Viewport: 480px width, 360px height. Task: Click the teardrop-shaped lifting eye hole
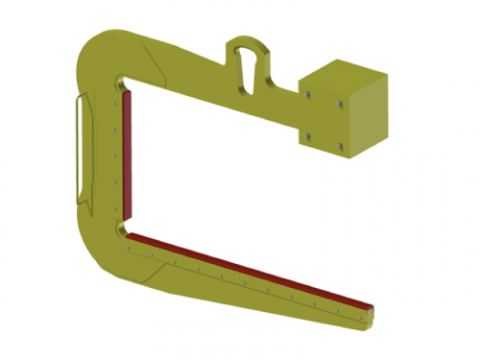(x=248, y=69)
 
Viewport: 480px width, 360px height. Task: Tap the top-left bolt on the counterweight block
(x=307, y=95)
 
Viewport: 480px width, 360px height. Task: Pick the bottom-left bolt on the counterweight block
(x=307, y=136)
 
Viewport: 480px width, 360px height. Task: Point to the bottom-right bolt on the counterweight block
(x=341, y=146)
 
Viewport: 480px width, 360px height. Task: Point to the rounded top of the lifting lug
(x=248, y=41)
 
